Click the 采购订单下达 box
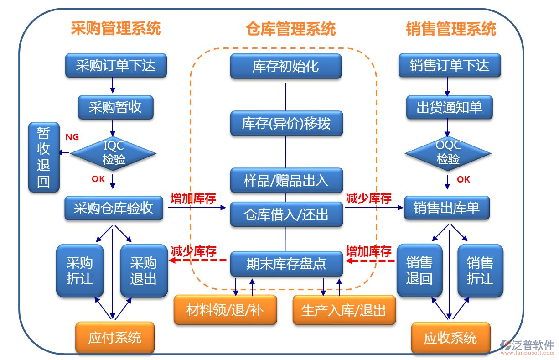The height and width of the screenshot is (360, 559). pyautogui.click(x=115, y=65)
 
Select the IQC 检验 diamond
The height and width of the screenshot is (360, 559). pyautogui.click(x=113, y=153)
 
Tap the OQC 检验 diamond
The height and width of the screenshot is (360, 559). pyautogui.click(x=448, y=153)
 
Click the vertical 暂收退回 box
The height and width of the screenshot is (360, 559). pyautogui.click(x=44, y=157)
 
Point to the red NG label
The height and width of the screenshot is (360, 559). pyautogui.click(x=72, y=136)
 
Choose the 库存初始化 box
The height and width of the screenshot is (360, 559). pyautogui.click(x=285, y=66)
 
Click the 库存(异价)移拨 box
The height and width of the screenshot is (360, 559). pyautogui.click(x=286, y=123)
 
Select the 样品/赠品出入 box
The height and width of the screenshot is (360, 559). pyautogui.click(x=286, y=180)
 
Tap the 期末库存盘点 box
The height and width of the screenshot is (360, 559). pyautogui.click(x=286, y=263)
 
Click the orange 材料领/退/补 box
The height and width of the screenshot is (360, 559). pyautogui.click(x=225, y=310)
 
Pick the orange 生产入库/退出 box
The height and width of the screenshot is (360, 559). pyautogui.click(x=344, y=310)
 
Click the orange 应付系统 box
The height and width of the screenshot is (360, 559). pyautogui.click(x=115, y=338)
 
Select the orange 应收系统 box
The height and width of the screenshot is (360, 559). pyautogui.click(x=450, y=338)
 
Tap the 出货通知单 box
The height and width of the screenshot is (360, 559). pyautogui.click(x=449, y=107)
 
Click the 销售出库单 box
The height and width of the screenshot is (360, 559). pyautogui.click(x=447, y=208)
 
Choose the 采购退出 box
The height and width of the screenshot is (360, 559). pyautogui.click(x=144, y=271)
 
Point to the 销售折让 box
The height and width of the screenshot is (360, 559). pyautogui.click(x=480, y=271)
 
